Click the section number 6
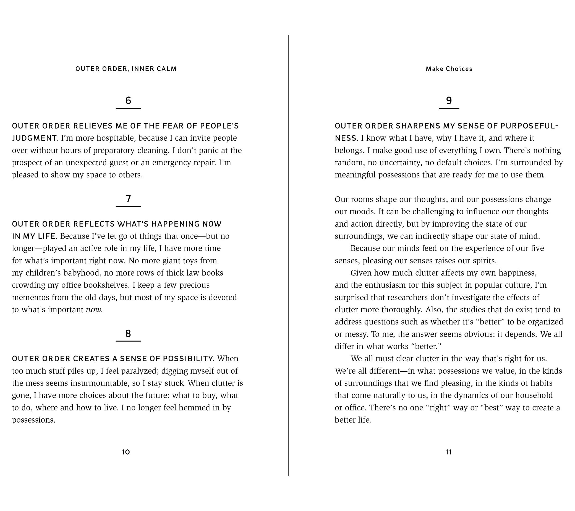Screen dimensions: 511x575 pyautogui.click(x=128, y=100)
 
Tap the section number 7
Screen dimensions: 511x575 pyautogui.click(x=128, y=198)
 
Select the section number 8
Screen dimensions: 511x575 pyautogui.click(x=128, y=333)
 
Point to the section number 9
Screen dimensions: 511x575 pyautogui.click(x=449, y=100)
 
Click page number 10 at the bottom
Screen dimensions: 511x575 pyautogui.click(x=126, y=452)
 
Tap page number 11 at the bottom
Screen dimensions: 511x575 pyautogui.click(x=449, y=452)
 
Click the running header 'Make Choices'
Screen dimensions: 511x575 pyautogui.click(x=449, y=69)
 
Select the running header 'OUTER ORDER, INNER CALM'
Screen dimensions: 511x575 pyautogui.click(x=126, y=69)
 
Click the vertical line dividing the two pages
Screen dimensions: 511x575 pyautogui.click(x=288, y=253)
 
